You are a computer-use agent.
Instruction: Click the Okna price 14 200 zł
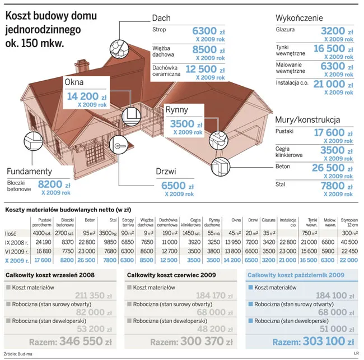click(x=85, y=96)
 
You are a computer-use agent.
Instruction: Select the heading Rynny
click(x=176, y=110)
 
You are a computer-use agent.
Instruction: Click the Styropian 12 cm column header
click(x=349, y=223)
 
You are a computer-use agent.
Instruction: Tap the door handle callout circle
click(x=119, y=146)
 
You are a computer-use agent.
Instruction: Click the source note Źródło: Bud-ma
click(x=17, y=354)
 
